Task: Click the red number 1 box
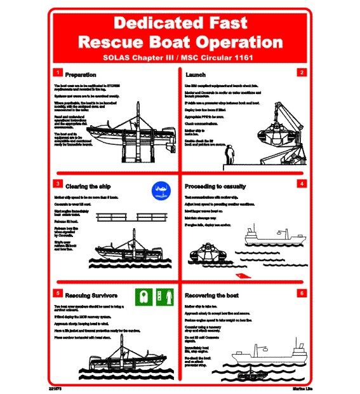(57, 72)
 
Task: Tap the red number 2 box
(302, 72)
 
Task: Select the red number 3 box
(57, 184)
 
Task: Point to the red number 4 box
(302, 184)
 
